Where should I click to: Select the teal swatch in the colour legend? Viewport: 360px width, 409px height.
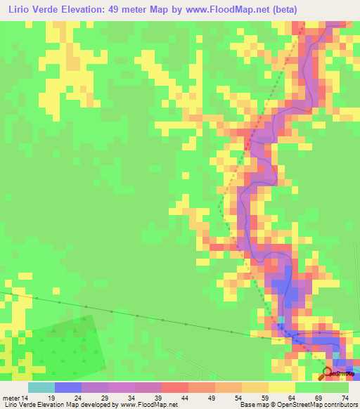[x=41, y=387]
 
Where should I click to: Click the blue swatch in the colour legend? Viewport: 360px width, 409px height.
[x=68, y=387]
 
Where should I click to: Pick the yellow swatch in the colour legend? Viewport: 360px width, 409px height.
[x=281, y=387]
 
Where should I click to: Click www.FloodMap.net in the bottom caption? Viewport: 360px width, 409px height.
[x=149, y=404]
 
